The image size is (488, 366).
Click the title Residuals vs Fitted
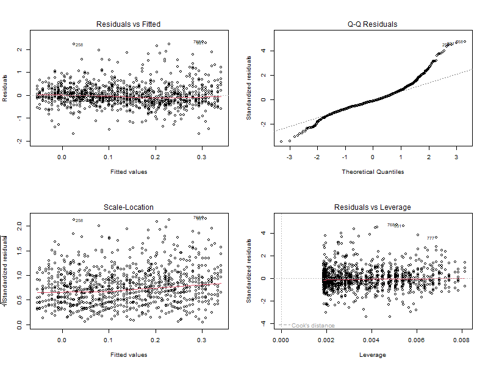click(x=129, y=24)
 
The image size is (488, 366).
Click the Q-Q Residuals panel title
click(x=373, y=24)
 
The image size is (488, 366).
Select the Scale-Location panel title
click(x=129, y=207)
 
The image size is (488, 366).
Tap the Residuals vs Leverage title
click(x=373, y=207)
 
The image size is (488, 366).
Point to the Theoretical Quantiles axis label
click(x=373, y=171)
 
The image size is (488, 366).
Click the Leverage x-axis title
click(x=373, y=354)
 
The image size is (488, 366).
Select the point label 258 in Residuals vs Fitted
click(x=79, y=45)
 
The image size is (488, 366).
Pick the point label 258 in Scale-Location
click(x=79, y=221)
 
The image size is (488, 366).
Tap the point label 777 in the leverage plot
click(x=431, y=239)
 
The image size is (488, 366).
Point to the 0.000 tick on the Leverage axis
click(x=281, y=340)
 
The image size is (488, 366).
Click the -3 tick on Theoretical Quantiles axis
click(x=289, y=157)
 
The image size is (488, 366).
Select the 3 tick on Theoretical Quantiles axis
click(x=456, y=157)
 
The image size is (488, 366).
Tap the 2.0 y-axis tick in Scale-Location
click(x=20, y=225)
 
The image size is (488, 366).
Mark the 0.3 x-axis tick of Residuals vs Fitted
click(x=202, y=157)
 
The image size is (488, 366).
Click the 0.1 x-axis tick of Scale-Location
click(x=109, y=340)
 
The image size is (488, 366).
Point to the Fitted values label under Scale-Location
click(x=129, y=354)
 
